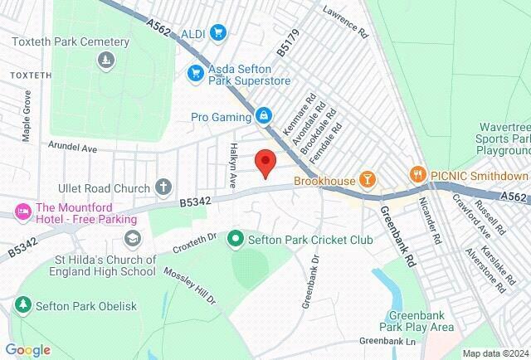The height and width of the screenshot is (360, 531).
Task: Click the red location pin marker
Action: pos(265,162)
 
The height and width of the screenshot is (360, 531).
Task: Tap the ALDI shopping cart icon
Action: pos(218,32)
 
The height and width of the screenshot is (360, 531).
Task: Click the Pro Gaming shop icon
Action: pos(263,115)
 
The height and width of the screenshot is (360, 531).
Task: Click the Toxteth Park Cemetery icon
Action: pos(105,60)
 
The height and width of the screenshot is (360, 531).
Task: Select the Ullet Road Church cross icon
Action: pos(163,187)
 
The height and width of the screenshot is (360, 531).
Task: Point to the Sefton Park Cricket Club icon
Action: pos(235,240)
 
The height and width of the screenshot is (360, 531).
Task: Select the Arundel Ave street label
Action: pos(73,147)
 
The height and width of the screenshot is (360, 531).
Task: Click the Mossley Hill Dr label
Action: pos(189,286)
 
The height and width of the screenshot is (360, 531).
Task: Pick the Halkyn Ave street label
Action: pos(234,168)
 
